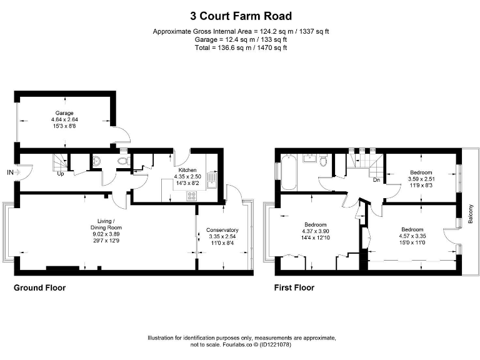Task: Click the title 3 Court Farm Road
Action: pos(241,16)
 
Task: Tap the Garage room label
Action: pos(64,113)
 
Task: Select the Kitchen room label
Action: pos(187,170)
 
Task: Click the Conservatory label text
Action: pos(222,230)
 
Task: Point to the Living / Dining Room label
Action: pos(106,224)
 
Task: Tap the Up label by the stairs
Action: pos(61,174)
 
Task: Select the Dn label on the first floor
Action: pos(376,180)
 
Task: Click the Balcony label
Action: pos(471,214)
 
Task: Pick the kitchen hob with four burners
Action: pos(192,196)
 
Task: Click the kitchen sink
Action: pos(211,180)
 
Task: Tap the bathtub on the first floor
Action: pos(288,172)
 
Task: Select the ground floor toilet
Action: pos(124,161)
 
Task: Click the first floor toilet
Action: pos(323,160)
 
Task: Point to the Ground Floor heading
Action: pos(40,287)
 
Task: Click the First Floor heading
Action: pos(294,287)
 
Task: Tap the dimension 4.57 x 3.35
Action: pos(412,236)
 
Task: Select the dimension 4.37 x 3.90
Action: pos(316,231)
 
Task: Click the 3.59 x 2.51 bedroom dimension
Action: pos(421,179)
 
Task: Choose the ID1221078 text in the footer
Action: pos(275,345)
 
